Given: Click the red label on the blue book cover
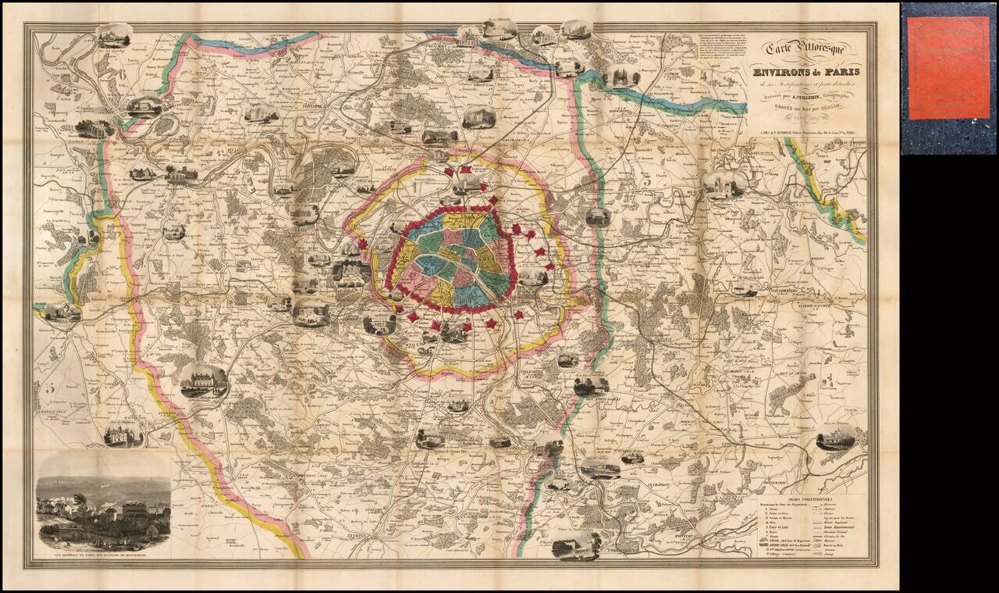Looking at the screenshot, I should click(948, 68).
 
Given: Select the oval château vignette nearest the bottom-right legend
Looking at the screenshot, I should click(835, 438).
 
